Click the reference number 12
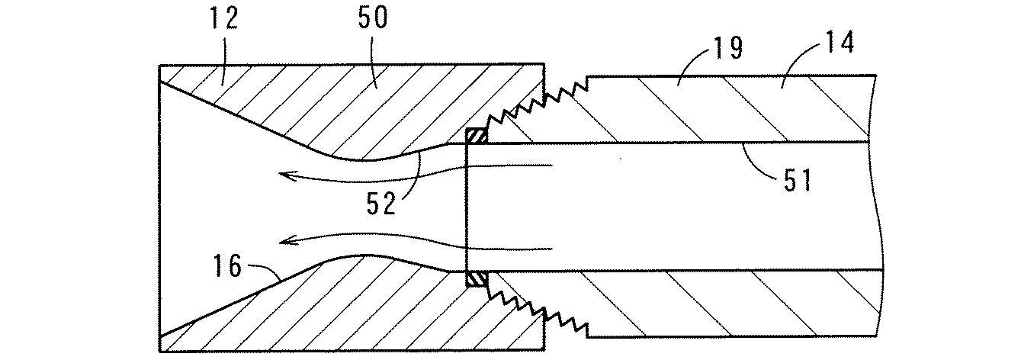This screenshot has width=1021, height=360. coord(223,20)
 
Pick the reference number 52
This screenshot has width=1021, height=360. coord(379,204)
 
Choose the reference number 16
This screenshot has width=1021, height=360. coord(226,266)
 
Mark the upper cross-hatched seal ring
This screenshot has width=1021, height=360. coord(475,137)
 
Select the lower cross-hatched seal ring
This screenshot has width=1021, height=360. coord(475,280)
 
